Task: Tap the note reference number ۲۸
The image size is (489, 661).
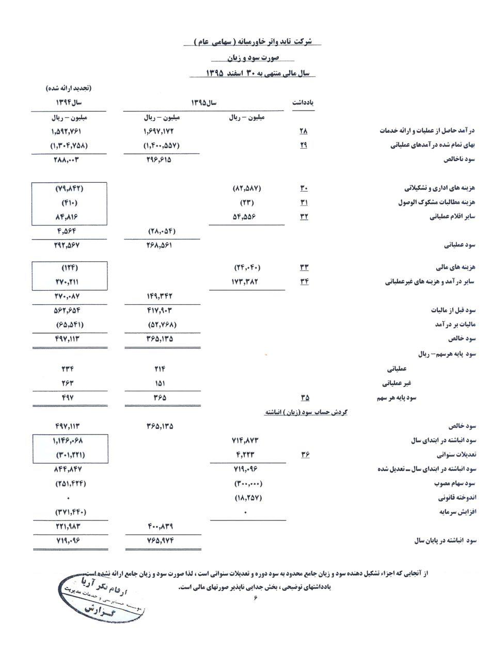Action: (303, 131)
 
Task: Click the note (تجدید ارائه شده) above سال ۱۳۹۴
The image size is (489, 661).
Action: (68, 88)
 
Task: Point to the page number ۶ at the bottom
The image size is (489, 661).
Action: (255, 598)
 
